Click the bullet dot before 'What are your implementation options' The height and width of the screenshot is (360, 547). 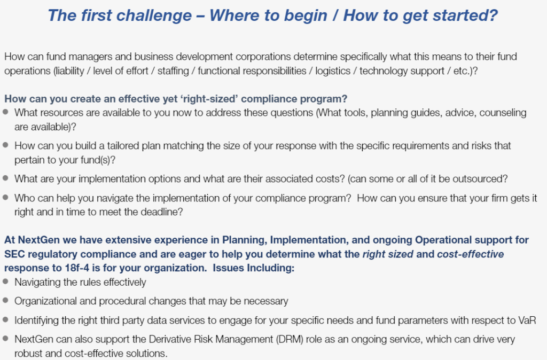click(5, 178)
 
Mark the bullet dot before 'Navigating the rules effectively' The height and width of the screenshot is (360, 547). click(5, 281)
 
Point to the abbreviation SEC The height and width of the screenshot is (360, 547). click(14, 254)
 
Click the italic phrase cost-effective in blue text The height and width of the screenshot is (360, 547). click(470, 254)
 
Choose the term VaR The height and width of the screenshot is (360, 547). click(527, 320)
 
